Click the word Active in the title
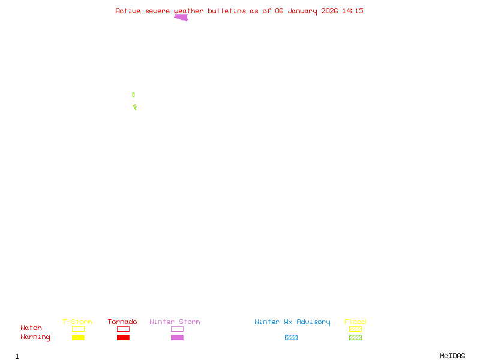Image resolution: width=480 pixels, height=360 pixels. (x=128, y=11)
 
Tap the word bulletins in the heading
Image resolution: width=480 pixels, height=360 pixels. (x=227, y=11)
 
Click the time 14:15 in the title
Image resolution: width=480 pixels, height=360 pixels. (x=353, y=11)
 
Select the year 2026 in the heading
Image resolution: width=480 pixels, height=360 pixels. (x=329, y=11)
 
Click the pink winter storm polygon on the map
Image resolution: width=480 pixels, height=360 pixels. (x=181, y=17)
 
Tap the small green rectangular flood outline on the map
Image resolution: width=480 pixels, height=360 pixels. (x=133, y=95)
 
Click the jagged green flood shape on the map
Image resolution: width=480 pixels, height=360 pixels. (x=135, y=107)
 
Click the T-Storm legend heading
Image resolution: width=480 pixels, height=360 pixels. (x=77, y=322)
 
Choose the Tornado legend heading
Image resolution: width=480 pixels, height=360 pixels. (x=122, y=322)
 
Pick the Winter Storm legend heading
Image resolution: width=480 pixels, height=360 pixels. (x=175, y=322)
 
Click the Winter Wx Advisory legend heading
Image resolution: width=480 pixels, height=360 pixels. (x=292, y=322)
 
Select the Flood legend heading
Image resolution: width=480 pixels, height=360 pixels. (x=355, y=322)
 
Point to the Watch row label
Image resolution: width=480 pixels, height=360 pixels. (x=31, y=328)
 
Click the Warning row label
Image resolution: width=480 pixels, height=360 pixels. (x=35, y=337)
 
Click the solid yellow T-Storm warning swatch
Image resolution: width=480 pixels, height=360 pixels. (x=78, y=337)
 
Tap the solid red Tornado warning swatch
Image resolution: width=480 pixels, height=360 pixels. (x=123, y=337)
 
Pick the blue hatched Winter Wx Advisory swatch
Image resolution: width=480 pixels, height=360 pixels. (x=291, y=337)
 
